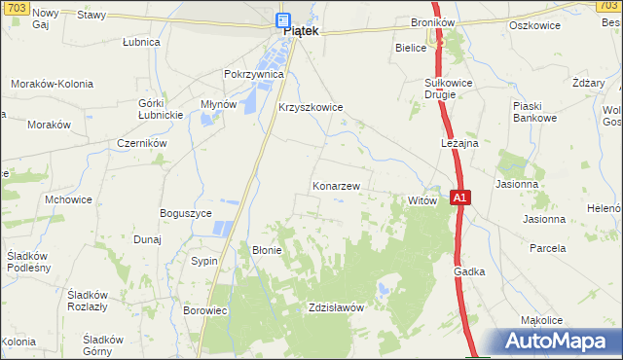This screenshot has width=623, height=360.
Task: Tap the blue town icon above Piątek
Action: pyautogui.click(x=282, y=18)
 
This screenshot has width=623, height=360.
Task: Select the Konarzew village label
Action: pyautogui.click(x=337, y=185)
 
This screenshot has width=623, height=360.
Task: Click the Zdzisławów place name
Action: pyautogui.click(x=335, y=307)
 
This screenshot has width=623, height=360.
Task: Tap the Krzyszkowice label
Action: pyautogui.click(x=311, y=108)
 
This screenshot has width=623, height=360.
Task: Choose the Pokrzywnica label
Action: pyautogui.click(x=253, y=74)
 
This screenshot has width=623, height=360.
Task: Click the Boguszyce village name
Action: pyautogui.click(x=186, y=213)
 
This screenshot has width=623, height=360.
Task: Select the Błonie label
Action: pyautogui.click(x=267, y=250)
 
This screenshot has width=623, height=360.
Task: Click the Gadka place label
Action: pyautogui.click(x=468, y=272)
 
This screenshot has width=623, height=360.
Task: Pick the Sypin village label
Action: pyautogui.click(x=204, y=262)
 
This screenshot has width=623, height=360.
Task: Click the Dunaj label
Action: pyautogui.click(x=147, y=238)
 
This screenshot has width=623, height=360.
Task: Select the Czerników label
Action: pyautogui.click(x=142, y=142)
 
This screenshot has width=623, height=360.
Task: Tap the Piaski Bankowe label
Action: pyautogui.click(x=535, y=112)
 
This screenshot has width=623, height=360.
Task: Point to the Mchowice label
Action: pyautogui.click(x=68, y=198)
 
